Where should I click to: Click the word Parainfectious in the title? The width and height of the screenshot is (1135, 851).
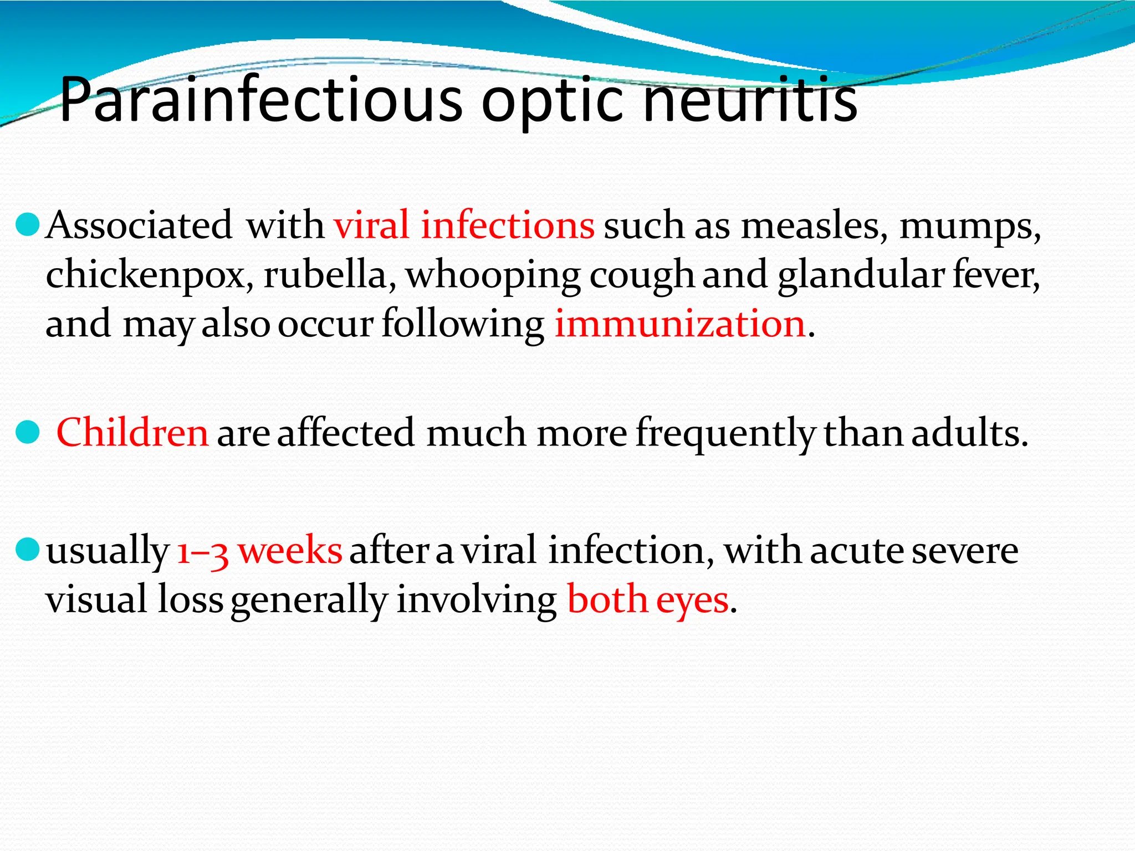tap(260, 100)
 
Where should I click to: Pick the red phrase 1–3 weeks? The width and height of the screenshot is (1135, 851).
tap(259, 551)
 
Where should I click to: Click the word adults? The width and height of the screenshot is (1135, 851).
tap(969, 433)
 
